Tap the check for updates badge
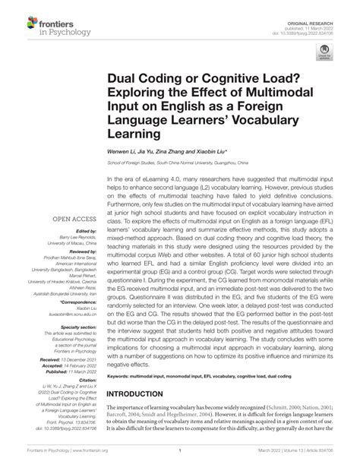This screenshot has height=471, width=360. coord(326,73)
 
